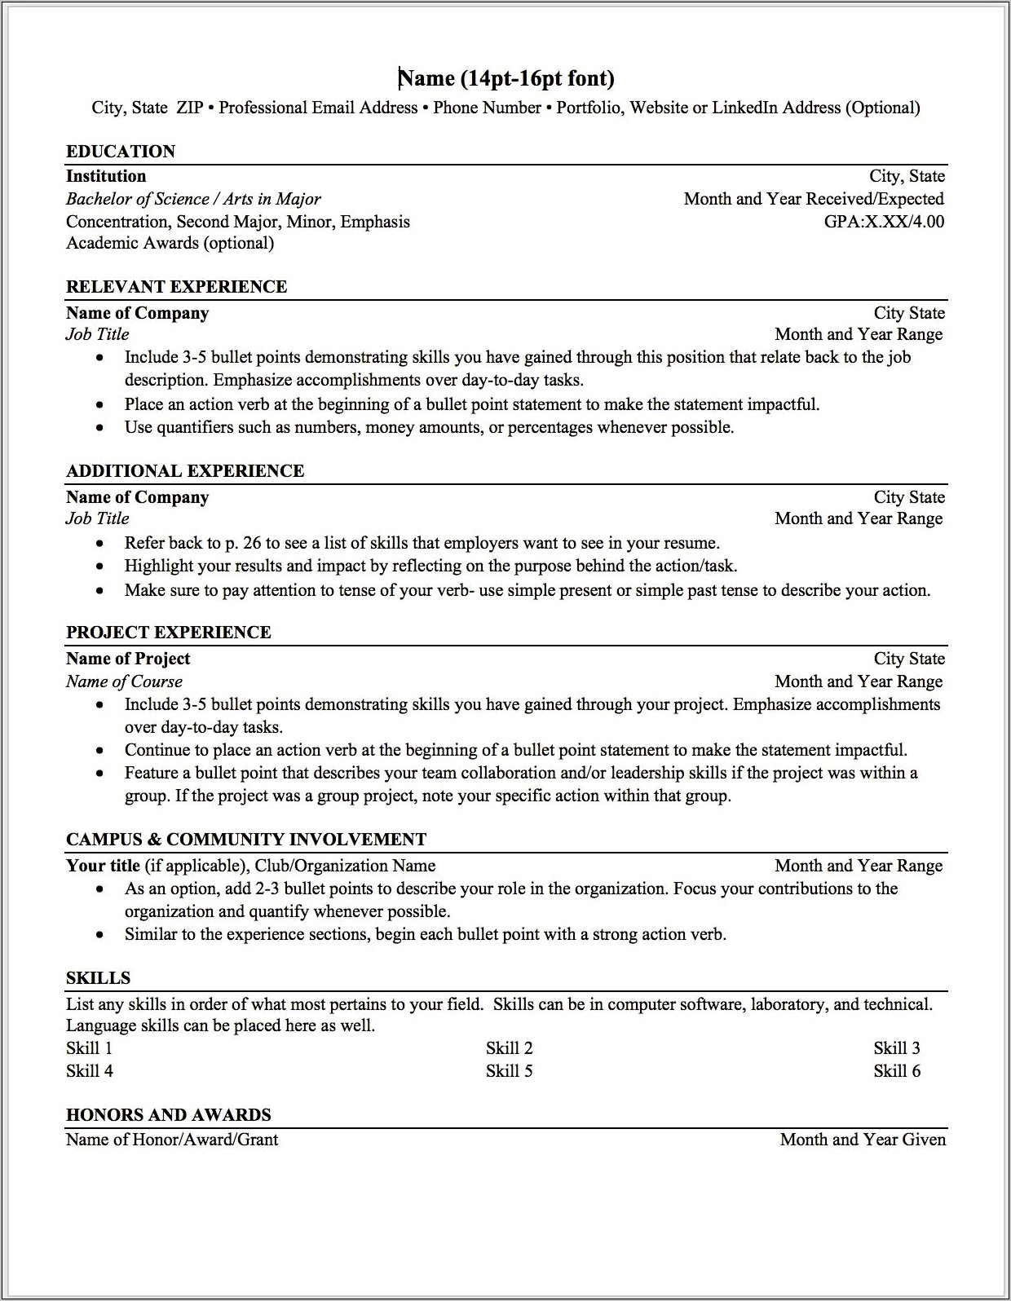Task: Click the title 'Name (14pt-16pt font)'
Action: coord(505,78)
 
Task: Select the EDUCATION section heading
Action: coord(121,152)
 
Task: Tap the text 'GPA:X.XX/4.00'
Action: coord(884,222)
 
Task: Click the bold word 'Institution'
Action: coord(106,176)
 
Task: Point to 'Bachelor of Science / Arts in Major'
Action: coord(193,199)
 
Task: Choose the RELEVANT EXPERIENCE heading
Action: coord(176,287)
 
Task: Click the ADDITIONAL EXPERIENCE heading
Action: coord(185,471)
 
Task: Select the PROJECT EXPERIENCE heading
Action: coord(169,633)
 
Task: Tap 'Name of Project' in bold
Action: coord(128,659)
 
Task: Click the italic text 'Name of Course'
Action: coord(124,681)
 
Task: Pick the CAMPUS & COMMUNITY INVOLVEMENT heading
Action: coord(246,840)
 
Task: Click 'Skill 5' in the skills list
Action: coord(509,1071)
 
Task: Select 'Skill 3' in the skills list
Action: coord(897,1048)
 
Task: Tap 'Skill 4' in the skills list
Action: coord(90,1071)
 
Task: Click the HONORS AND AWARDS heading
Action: coord(169,1115)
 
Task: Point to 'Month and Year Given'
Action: coord(863,1140)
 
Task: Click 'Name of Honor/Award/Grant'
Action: coord(172,1140)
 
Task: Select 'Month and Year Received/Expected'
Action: coord(814,199)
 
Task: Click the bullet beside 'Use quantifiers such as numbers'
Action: coord(100,428)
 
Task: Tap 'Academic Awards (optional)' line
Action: coord(170,243)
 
